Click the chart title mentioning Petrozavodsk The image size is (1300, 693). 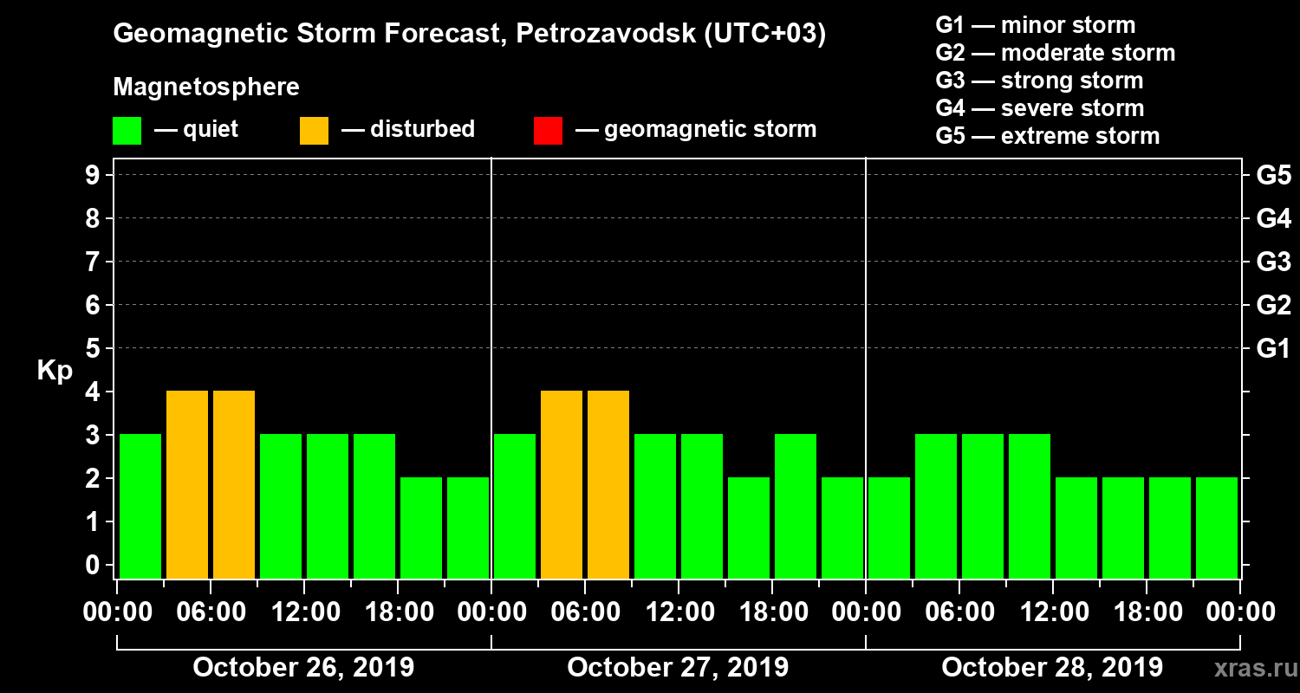469,34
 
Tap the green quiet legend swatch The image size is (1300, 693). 127,130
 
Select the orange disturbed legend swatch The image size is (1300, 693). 314,130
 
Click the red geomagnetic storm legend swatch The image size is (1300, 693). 548,130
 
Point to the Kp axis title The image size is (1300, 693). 55,370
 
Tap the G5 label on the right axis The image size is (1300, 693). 1273,176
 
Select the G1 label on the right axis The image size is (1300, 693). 1273,349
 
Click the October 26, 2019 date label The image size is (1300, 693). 303,668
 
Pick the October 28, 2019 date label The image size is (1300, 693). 1052,668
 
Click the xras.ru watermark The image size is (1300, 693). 1249,669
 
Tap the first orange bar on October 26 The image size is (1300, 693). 187,484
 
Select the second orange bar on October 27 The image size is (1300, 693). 608,484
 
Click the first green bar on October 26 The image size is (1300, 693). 140,506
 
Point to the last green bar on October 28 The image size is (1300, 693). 1217,528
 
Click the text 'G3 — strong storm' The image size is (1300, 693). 1039,81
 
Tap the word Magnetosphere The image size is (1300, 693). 206,87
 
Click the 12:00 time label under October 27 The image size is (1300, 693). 679,612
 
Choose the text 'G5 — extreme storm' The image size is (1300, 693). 1047,136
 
